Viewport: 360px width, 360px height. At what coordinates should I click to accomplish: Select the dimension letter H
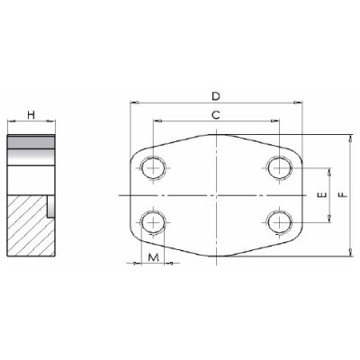(31, 115)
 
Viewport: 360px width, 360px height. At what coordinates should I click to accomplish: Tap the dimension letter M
(155, 257)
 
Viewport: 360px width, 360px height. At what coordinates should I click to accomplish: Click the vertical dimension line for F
(349, 225)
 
